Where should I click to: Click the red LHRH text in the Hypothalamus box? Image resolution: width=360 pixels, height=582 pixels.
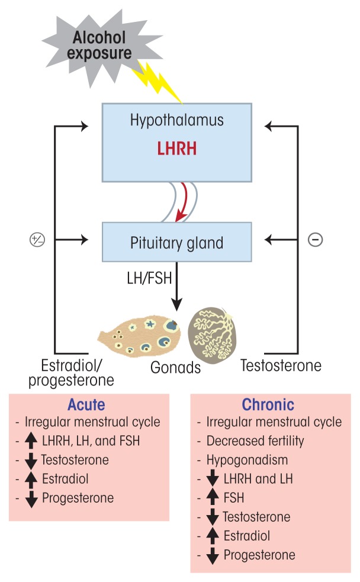tap(176, 147)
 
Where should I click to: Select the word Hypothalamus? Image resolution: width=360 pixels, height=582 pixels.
tap(177, 121)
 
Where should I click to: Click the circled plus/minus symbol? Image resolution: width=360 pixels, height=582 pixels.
tap(37, 240)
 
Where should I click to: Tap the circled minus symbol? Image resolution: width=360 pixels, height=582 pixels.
tap(316, 240)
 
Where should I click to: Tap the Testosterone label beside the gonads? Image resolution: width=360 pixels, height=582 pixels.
tap(281, 366)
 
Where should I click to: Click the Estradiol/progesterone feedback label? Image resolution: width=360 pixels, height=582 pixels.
tap(70, 372)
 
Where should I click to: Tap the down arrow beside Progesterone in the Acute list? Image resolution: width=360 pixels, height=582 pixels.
tap(32, 499)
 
